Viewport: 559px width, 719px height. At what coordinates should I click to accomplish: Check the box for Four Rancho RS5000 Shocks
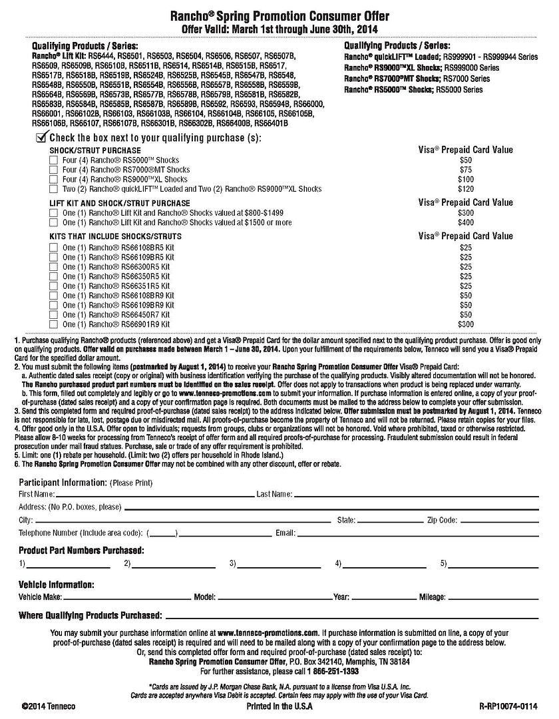[53, 160]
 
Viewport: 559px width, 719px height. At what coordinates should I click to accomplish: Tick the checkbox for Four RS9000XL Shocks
[53, 179]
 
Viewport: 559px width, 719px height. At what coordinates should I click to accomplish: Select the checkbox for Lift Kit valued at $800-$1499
[53, 212]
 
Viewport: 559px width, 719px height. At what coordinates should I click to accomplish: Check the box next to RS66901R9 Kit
[53, 324]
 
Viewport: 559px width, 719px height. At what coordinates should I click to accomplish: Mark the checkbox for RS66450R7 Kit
[53, 314]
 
